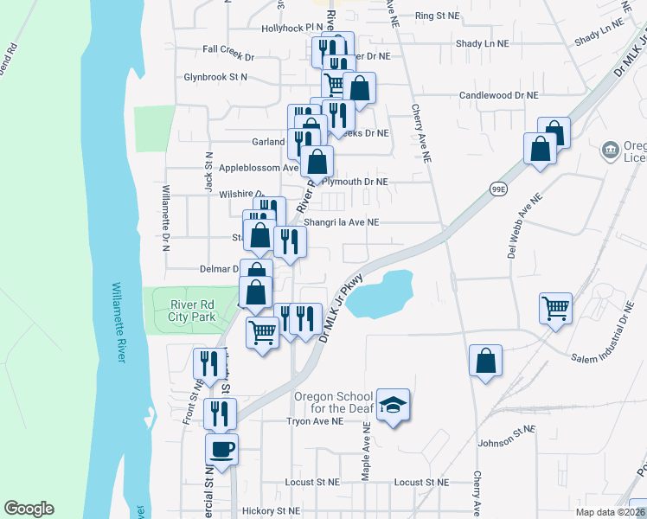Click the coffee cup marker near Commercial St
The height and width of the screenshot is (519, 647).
(x=221, y=449)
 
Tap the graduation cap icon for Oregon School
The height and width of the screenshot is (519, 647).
(x=394, y=405)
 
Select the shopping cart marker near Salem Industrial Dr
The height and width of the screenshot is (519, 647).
(x=555, y=306)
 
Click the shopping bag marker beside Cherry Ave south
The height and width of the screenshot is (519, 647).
(x=485, y=359)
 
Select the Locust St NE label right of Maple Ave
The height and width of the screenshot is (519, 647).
(x=421, y=482)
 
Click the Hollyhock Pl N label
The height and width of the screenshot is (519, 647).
(x=292, y=29)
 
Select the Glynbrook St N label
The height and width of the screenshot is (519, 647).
(x=215, y=77)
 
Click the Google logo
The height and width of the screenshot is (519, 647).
(x=29, y=509)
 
